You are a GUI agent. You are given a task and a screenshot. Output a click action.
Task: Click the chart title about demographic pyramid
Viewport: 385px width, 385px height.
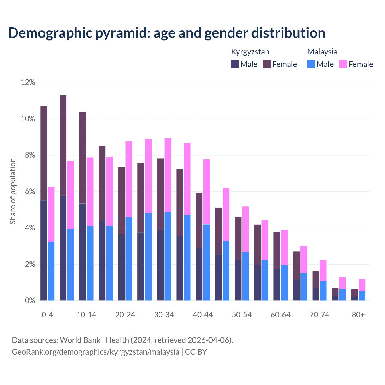pyautogui.click(x=167, y=33)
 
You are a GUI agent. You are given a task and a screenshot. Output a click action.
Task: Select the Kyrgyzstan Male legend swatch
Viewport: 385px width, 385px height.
pyautogui.click(x=235, y=64)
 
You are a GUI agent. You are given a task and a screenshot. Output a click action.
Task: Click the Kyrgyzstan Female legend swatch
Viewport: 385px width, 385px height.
pyautogui.click(x=267, y=64)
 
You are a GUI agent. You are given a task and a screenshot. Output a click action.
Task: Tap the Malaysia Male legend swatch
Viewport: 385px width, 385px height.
pyautogui.click(x=311, y=64)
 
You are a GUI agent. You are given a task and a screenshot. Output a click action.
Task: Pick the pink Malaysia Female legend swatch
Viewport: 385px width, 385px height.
pyautogui.click(x=343, y=64)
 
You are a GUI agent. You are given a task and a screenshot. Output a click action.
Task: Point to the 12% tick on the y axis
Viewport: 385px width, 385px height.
pyautogui.click(x=28, y=82)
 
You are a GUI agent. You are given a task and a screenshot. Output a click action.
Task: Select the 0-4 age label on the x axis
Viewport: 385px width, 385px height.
pyautogui.click(x=48, y=315)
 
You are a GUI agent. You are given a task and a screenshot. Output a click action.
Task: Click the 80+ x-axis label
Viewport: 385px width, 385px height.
pyautogui.click(x=358, y=315)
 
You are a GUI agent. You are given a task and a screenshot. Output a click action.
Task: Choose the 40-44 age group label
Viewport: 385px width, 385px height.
pyautogui.click(x=203, y=315)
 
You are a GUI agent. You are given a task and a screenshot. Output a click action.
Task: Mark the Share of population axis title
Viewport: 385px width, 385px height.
pyautogui.click(x=13, y=191)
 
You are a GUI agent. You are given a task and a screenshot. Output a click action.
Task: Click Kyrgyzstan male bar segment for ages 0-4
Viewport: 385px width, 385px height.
pyautogui.click(x=44, y=250)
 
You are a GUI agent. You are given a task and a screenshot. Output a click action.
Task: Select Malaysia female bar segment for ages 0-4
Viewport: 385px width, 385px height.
pyautogui.click(x=51, y=214)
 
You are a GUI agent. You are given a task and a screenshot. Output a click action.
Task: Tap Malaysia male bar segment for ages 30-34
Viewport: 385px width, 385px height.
pyautogui.click(x=168, y=256)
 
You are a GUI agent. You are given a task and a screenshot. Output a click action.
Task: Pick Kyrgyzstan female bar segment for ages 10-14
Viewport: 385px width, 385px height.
pyautogui.click(x=82, y=158)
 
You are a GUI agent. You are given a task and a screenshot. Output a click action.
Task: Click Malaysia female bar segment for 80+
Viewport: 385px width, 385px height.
pyautogui.click(x=362, y=285)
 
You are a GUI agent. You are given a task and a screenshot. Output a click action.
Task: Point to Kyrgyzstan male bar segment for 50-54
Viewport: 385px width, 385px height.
pyautogui.click(x=238, y=280)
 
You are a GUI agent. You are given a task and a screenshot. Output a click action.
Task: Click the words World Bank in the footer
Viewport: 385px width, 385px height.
pyautogui.click(x=80, y=340)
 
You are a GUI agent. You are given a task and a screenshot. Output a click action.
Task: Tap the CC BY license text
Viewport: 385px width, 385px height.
pyautogui.click(x=196, y=352)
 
